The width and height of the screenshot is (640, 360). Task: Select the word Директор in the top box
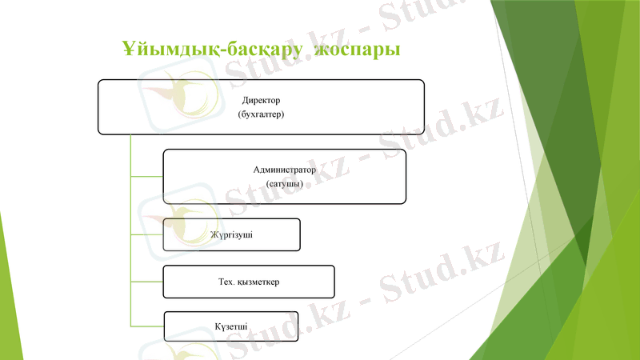[x=262, y=101]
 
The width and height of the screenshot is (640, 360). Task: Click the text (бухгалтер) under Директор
[x=262, y=114]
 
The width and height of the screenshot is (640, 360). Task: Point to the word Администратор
[x=285, y=170]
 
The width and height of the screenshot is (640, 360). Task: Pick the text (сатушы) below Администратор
[x=285, y=184]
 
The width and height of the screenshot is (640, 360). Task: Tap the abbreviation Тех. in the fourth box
[x=226, y=282]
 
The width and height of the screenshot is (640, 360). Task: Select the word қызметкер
[x=258, y=282]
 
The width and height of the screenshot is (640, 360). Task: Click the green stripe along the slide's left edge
[x=5, y=304]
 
